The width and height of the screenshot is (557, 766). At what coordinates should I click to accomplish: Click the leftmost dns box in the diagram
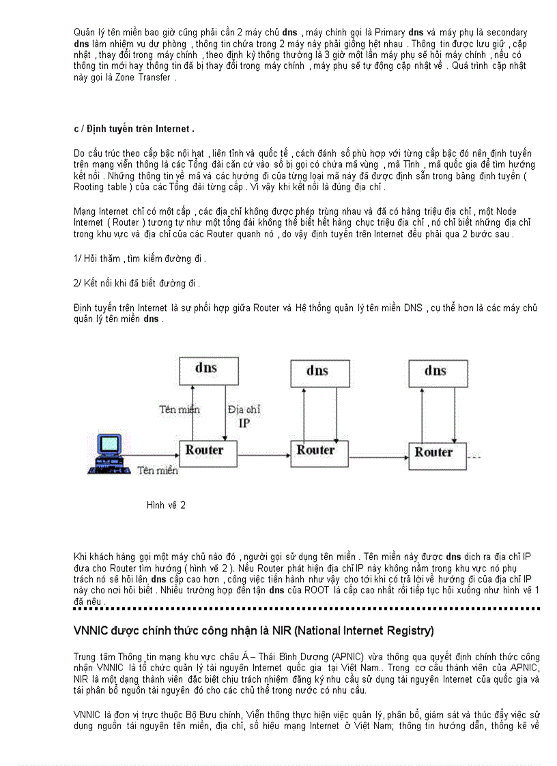coord(205,369)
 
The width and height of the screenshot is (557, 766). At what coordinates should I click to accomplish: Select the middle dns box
coord(317,371)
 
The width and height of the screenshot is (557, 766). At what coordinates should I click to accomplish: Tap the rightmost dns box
coord(435,371)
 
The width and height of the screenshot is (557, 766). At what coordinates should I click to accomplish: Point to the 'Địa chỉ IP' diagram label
coord(244,415)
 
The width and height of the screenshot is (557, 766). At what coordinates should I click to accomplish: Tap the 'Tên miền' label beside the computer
coord(158,470)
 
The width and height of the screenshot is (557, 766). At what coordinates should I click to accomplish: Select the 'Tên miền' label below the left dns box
coord(180,409)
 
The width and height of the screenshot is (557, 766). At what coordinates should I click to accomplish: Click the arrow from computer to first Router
coord(152,456)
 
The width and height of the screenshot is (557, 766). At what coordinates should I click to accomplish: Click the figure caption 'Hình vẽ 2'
coord(166,505)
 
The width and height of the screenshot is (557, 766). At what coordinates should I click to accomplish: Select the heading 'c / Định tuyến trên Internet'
coord(134,129)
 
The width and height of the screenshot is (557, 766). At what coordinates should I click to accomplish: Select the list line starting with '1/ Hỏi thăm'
coord(139,259)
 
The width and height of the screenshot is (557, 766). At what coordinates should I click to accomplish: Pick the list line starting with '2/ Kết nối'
coord(137,283)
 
